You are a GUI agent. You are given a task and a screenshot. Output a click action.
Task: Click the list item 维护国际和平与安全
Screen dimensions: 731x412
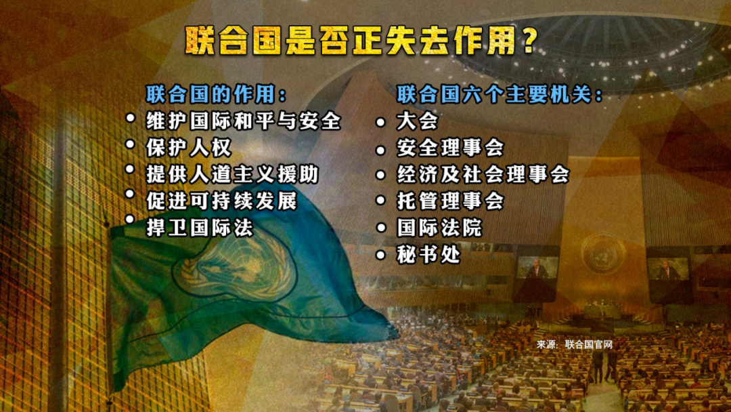tap(244, 121)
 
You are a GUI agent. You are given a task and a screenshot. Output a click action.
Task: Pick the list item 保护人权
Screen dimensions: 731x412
tap(188, 148)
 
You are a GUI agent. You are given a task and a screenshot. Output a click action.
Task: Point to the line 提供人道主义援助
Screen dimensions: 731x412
tap(232, 174)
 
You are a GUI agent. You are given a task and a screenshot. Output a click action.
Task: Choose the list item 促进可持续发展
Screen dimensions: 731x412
tap(221, 201)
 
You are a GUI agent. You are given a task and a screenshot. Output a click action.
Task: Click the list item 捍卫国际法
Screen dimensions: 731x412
tap(200, 228)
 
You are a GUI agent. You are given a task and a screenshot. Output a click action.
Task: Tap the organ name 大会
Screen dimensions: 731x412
tap(417, 121)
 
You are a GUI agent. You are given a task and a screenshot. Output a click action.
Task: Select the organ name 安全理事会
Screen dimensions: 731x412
tap(450, 148)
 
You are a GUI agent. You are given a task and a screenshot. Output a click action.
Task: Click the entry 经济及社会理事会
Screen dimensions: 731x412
tap(483, 174)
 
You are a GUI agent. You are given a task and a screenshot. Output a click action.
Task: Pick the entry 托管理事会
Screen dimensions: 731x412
tap(450, 201)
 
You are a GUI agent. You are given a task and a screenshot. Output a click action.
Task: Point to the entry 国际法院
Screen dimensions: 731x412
tap(439, 228)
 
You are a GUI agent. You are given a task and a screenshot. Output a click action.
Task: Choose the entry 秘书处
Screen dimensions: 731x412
tap(428, 254)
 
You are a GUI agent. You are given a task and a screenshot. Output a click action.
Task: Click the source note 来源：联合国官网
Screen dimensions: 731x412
tap(575, 344)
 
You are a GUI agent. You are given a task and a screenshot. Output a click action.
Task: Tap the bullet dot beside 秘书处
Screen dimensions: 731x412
tap(381, 255)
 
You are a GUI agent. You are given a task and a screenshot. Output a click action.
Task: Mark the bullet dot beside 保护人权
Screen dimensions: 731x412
tap(130, 144)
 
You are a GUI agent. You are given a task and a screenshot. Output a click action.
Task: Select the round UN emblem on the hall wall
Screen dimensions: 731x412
tap(603, 253)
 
